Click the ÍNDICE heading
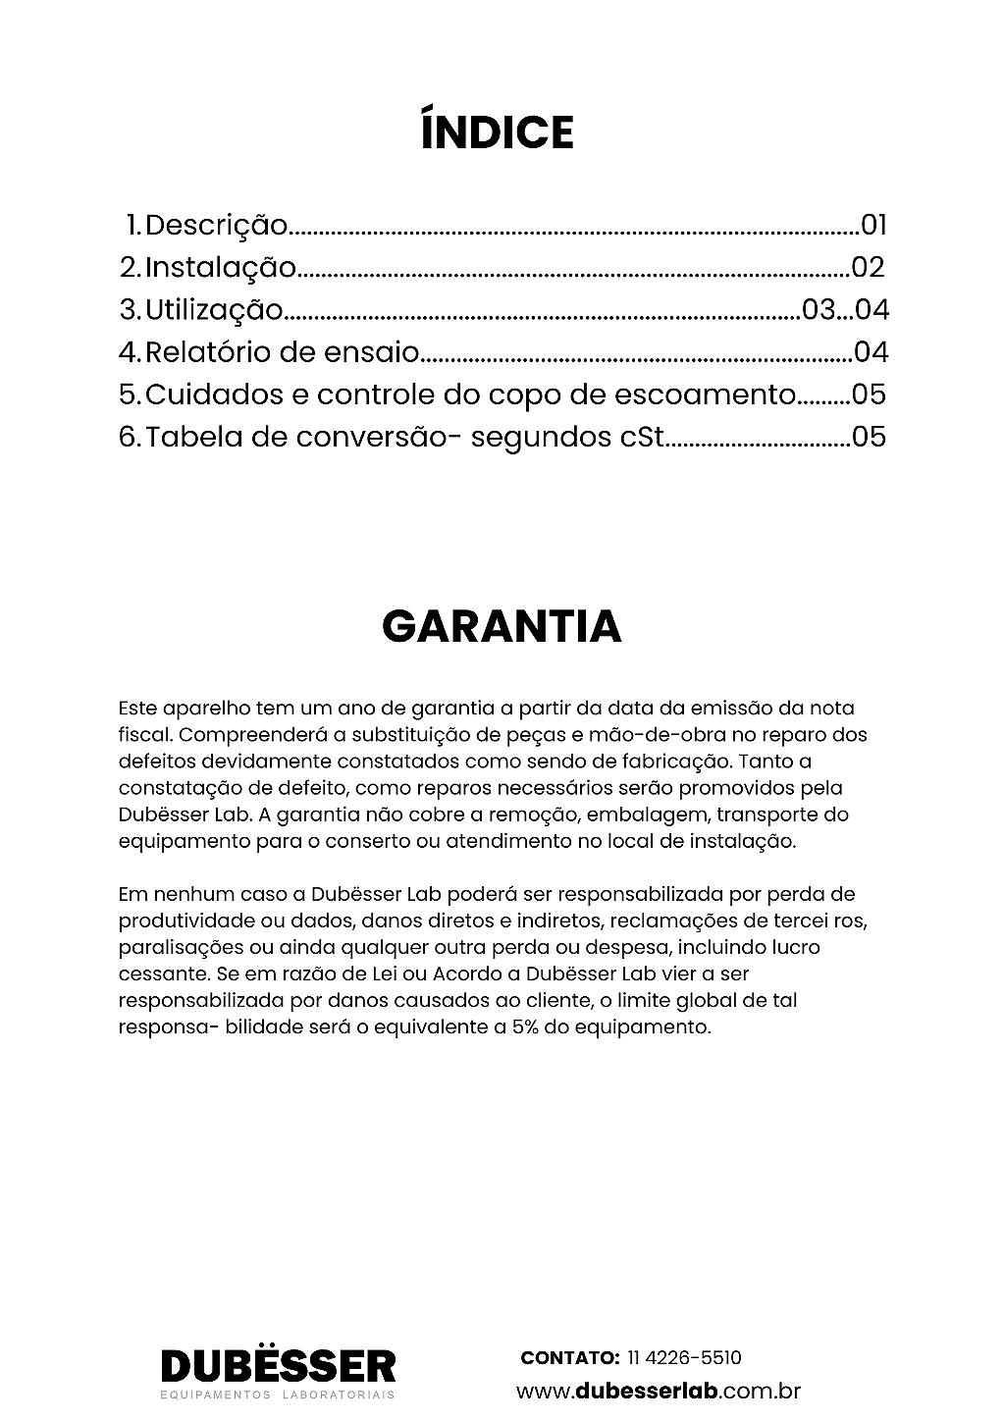point(497,132)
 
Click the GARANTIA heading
point(502,626)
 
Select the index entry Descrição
point(216,226)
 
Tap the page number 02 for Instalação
point(868,267)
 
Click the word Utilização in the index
point(214,310)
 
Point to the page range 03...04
point(845,310)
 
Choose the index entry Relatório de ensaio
point(283,352)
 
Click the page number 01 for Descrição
point(873,226)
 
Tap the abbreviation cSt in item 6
point(643,437)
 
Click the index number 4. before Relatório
point(131,352)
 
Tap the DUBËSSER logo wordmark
point(278,1365)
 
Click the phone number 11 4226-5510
point(683,1358)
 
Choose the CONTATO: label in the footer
point(569,1358)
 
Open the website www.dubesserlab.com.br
point(659,1391)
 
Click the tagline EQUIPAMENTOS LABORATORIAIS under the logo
point(278,1394)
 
